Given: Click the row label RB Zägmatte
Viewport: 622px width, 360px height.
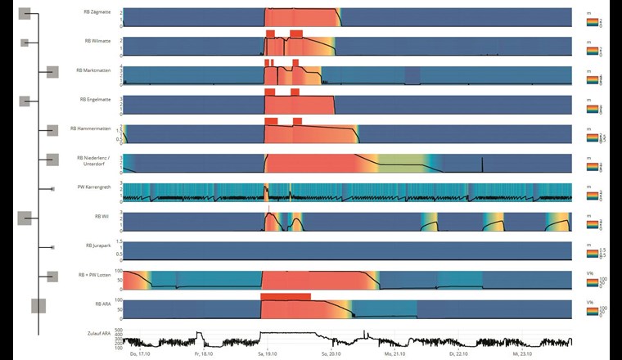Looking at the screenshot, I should [x=98, y=12].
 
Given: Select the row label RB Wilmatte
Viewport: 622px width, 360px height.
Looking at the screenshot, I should [x=98, y=40].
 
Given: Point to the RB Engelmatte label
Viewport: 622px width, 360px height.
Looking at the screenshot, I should [x=94, y=99].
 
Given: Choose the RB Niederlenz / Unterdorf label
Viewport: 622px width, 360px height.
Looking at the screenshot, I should [x=92, y=160].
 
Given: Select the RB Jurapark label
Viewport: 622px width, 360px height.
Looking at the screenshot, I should [x=98, y=245].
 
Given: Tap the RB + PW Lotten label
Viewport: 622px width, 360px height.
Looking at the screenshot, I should [x=94, y=275].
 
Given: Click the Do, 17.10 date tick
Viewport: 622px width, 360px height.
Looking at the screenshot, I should [x=139, y=356].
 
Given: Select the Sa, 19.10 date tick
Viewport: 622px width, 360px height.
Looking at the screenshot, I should [x=266, y=356].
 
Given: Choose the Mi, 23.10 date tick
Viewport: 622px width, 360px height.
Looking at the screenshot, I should [x=521, y=356].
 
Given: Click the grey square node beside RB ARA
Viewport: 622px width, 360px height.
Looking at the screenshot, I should [x=38, y=305].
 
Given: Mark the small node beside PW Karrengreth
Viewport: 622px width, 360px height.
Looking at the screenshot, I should [x=52, y=188].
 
